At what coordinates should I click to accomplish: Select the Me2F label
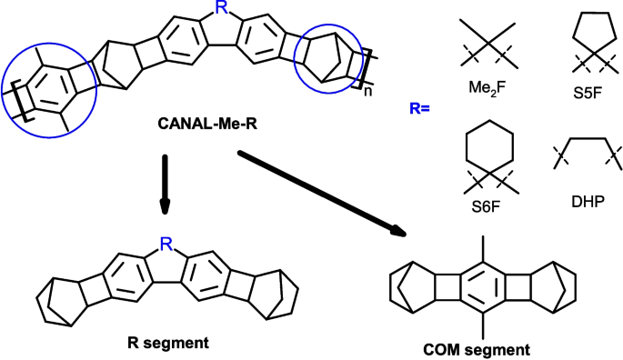coord(485,77)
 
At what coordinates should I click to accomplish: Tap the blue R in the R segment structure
coord(165,244)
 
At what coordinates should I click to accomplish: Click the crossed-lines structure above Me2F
coord(485,36)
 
